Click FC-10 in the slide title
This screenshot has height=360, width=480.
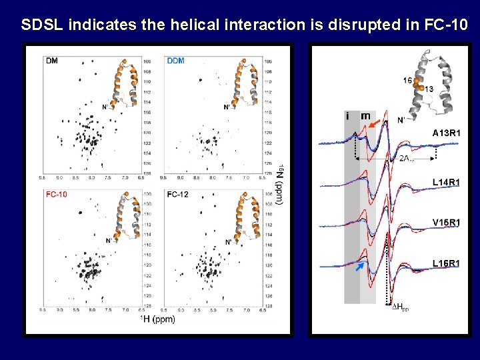(447, 25)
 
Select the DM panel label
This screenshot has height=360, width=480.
(52, 61)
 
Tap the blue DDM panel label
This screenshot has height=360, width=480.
(176, 61)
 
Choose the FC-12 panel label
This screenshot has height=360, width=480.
(177, 195)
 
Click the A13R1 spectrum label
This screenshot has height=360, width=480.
(445, 133)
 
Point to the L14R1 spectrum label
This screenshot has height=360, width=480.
(445, 182)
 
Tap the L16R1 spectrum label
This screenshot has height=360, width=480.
(445, 263)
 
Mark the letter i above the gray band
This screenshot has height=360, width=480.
(348, 116)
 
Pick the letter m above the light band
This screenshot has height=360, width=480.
(365, 116)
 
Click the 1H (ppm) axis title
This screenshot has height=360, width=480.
(157, 319)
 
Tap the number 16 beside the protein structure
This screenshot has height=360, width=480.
(407, 81)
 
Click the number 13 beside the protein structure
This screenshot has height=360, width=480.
(430, 89)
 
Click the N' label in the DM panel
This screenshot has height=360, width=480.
(105, 107)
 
